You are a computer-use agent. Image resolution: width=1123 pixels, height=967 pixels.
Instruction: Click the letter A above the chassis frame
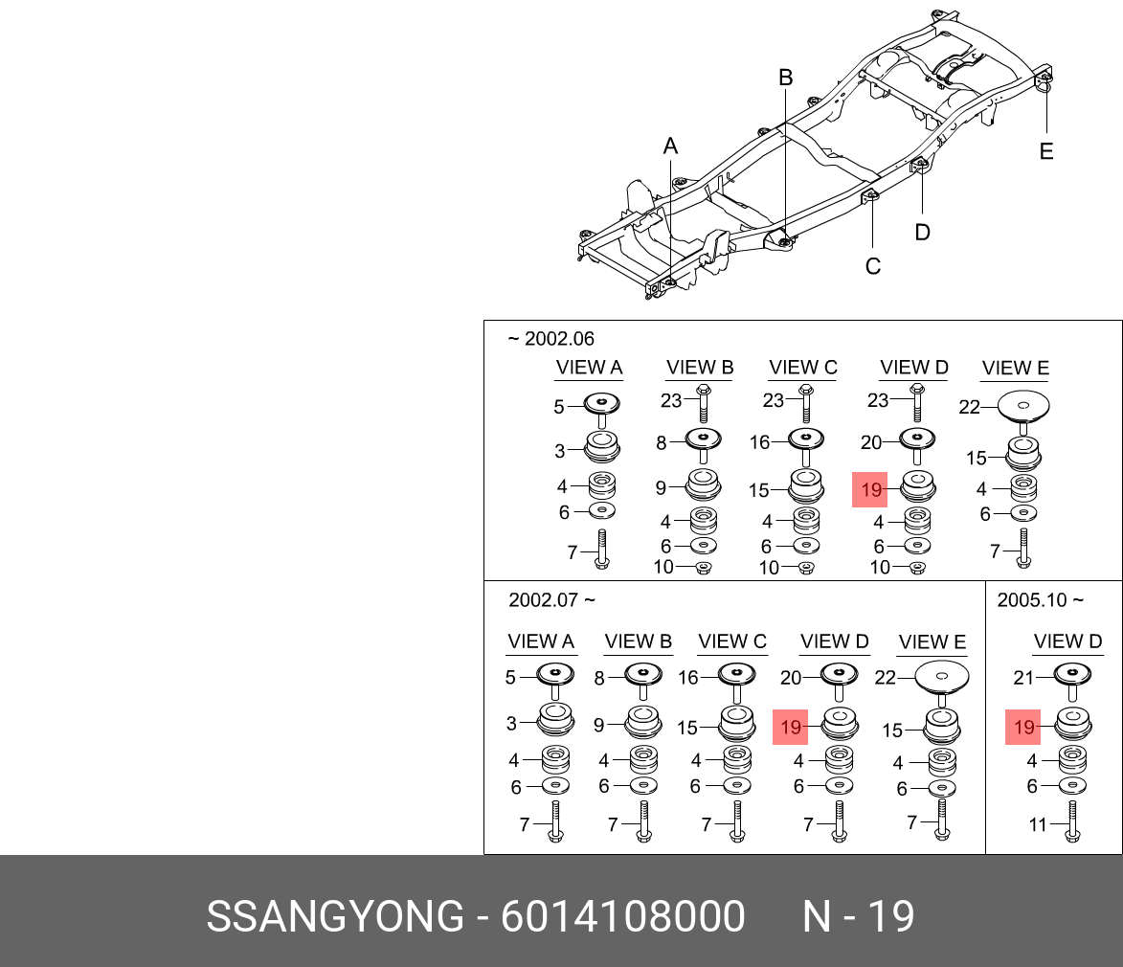670,146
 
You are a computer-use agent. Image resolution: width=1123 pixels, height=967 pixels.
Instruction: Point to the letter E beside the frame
1045,151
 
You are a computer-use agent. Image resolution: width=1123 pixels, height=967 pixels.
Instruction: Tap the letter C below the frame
872,266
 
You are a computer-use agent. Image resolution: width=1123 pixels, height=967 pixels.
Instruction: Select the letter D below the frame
922,232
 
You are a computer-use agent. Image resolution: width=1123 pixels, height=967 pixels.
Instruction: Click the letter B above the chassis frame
785,78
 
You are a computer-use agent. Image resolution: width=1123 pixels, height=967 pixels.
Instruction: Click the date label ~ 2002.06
550,339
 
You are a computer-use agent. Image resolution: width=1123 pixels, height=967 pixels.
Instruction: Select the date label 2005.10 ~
1040,600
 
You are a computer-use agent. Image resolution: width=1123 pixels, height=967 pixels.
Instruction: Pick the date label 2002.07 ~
551,600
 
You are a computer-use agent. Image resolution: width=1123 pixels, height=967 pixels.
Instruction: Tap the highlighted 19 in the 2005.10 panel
1023,728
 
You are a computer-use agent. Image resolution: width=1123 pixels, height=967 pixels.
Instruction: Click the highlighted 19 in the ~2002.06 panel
871,492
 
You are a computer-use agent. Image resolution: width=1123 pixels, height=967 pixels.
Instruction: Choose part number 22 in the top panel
969,407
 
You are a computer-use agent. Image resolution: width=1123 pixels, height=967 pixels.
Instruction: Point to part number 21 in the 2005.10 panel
1023,678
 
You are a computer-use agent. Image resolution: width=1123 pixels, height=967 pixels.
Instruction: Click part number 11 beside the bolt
1038,823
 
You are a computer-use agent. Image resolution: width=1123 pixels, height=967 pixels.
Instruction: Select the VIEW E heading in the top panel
1015,368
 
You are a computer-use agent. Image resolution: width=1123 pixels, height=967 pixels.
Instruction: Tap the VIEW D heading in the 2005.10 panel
1067,641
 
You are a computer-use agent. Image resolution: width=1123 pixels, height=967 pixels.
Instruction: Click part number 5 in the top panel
559,407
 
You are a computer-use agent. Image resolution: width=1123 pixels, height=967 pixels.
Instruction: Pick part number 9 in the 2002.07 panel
598,725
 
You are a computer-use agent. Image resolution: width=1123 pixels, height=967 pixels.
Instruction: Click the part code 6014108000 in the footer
622,917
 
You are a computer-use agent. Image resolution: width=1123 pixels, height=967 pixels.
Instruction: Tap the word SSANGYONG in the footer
335,917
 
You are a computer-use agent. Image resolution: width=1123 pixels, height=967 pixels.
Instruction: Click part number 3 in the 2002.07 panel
511,724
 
